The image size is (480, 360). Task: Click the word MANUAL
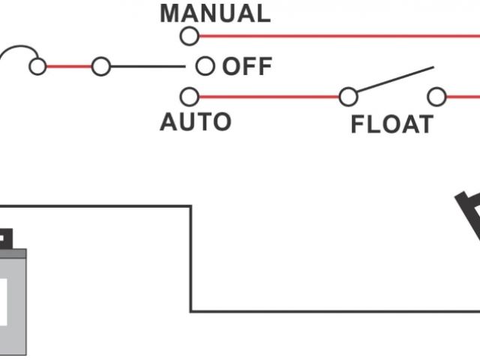(x=215, y=13)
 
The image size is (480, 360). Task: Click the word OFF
(x=247, y=67)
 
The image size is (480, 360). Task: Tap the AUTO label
(x=196, y=121)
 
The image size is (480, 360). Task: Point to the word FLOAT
(x=391, y=124)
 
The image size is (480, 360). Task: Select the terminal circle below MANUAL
(x=190, y=35)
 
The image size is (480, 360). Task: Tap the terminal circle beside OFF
(x=205, y=67)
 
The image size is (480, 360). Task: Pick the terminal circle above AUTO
(x=190, y=97)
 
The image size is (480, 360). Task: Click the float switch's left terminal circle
(x=348, y=97)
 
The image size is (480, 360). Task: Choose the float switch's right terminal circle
(x=436, y=97)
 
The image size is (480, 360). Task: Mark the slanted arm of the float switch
(x=394, y=80)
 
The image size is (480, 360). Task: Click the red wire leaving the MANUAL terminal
(x=337, y=35)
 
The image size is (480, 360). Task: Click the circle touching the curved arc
(x=37, y=67)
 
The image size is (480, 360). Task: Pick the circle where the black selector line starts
(x=100, y=67)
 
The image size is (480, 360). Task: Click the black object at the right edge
(x=469, y=214)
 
